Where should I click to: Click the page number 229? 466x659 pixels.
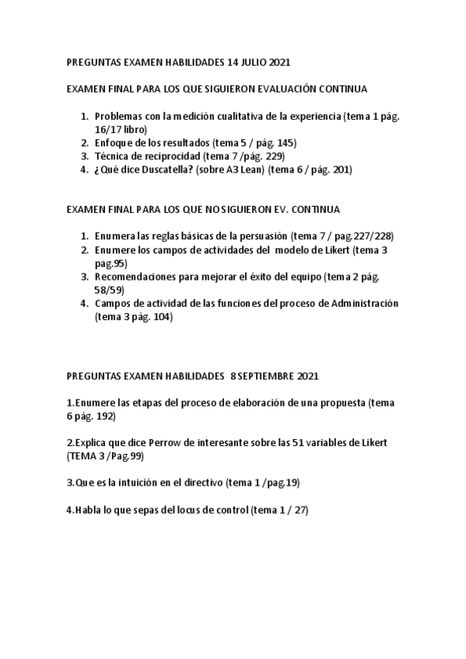pos(273,157)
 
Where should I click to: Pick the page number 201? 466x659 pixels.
pos(341,170)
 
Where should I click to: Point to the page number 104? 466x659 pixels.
pos(156,317)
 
